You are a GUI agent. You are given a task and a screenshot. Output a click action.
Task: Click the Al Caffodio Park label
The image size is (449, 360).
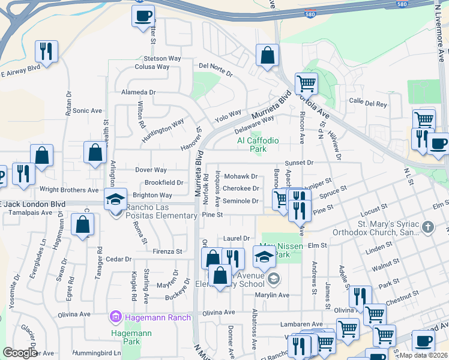258,145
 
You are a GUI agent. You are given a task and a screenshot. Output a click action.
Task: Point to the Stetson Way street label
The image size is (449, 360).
162,59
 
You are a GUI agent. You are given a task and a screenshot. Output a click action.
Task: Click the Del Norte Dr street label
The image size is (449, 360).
215,69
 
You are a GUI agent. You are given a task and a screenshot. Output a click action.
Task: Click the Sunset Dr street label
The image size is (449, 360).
300,163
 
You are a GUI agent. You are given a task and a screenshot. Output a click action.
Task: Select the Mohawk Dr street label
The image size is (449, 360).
240,177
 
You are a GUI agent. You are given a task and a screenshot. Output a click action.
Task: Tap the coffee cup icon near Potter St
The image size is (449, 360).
143,16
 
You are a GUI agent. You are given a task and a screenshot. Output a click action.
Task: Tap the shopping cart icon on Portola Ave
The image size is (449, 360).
306,83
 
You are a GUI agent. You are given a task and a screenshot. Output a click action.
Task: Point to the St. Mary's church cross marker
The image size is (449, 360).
427,227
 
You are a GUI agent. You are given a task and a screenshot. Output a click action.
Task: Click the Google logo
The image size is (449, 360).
20,353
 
